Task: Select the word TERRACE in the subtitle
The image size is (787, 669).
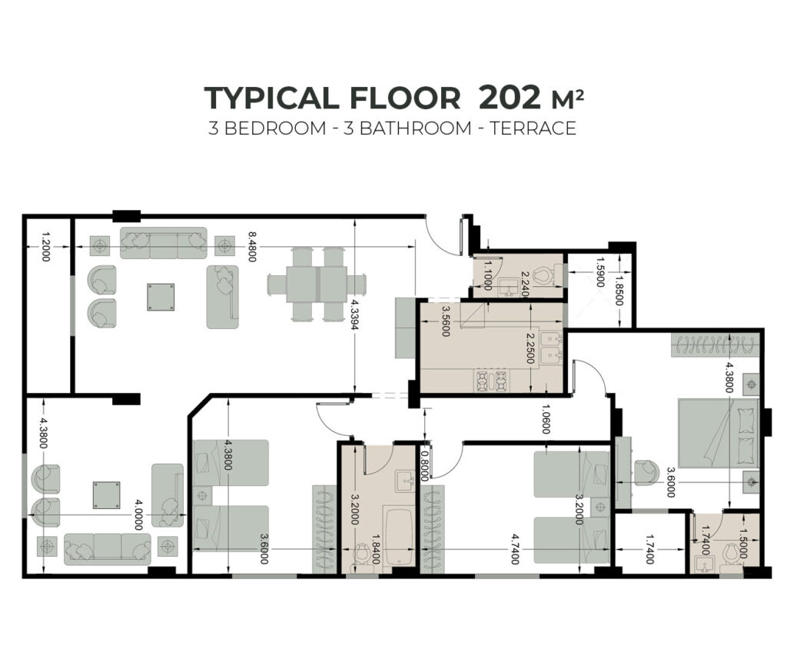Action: (533, 128)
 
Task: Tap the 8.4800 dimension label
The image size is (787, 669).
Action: (252, 246)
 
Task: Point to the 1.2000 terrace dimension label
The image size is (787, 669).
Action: (45, 246)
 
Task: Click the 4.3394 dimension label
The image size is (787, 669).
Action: (354, 315)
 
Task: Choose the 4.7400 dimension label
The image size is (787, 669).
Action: (515, 549)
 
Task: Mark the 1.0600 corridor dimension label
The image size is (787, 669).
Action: (546, 419)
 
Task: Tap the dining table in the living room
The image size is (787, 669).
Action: (316, 284)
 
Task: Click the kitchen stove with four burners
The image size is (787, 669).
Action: (493, 380)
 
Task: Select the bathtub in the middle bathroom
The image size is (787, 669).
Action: (399, 538)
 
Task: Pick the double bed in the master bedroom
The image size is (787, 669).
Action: (718, 433)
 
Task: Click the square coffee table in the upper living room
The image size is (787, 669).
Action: (161, 297)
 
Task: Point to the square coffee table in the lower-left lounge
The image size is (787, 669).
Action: (106, 494)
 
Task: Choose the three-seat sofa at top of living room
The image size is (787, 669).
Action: (163, 243)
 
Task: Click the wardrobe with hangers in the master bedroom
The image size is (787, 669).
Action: (715, 345)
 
